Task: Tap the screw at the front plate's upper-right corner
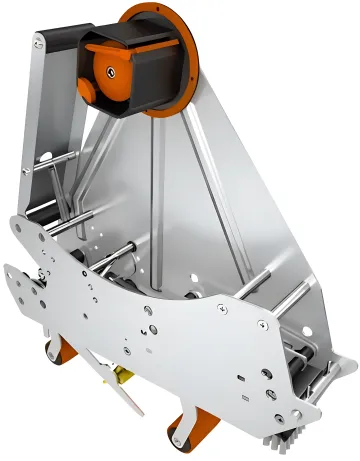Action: coord(264,324)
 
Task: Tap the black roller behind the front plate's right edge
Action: coord(300,360)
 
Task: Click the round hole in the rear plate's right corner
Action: coord(296,290)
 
